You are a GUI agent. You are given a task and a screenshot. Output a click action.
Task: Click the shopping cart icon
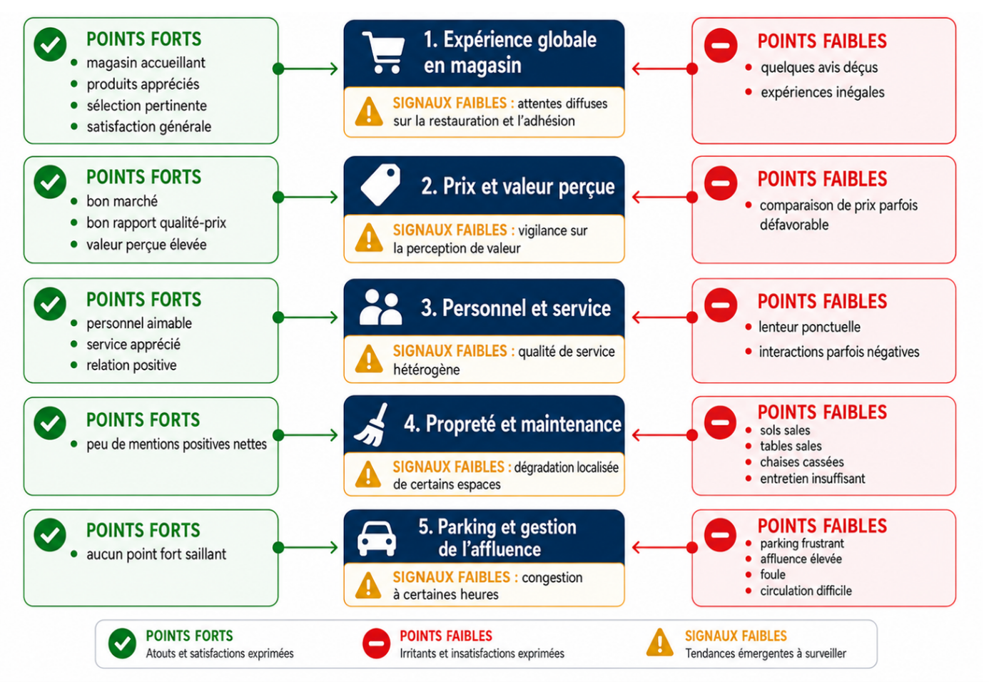coord(383,53)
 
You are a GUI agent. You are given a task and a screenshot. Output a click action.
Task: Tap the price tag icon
coord(380,185)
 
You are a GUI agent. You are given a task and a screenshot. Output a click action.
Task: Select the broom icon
coord(371,424)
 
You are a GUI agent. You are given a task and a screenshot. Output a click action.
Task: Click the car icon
coord(377,539)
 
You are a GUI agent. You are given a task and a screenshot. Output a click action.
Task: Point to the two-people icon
coord(380,307)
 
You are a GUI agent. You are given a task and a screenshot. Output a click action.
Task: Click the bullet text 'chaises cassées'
coord(802,462)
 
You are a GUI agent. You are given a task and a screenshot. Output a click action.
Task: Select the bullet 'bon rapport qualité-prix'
coord(156,223)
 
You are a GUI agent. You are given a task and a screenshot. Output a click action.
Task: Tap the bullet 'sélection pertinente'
coord(146,106)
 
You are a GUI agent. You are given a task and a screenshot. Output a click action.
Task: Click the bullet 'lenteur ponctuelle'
coord(810,327)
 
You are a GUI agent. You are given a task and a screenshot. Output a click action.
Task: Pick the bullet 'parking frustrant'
coord(802,544)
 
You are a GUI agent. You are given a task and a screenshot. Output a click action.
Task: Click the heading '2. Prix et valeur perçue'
coord(518,187)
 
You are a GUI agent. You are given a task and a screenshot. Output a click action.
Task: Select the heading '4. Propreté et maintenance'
coord(512,424)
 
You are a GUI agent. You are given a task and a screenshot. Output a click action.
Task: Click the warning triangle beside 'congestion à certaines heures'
coord(368,586)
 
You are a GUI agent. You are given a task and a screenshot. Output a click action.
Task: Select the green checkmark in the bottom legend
coord(122,643)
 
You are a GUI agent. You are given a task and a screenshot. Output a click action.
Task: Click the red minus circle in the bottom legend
coord(376,643)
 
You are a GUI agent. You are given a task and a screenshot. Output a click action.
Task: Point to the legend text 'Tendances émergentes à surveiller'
coord(766,653)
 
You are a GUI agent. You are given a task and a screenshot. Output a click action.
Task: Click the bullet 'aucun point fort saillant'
coord(156,554)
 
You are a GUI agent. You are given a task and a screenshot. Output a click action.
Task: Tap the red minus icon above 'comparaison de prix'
coord(721,183)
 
